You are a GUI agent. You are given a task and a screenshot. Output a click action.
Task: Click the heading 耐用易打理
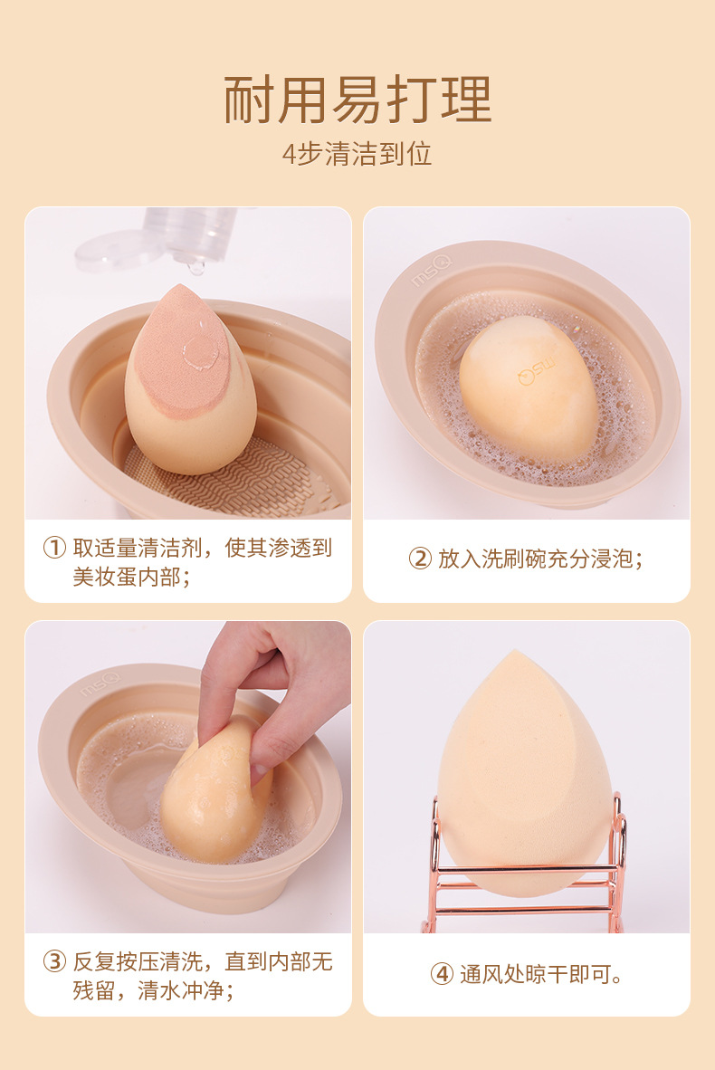coord(357,100)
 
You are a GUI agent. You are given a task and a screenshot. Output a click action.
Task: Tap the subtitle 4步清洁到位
coord(357,154)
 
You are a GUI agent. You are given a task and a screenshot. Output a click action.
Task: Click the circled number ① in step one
coord(54,548)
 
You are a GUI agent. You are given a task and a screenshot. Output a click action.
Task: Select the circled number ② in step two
coord(420,559)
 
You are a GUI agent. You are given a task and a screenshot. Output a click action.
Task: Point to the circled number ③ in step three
coord(54,961)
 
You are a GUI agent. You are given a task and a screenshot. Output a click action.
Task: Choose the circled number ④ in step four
coord(442,974)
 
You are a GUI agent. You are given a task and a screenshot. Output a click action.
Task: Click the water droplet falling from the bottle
coord(195,267)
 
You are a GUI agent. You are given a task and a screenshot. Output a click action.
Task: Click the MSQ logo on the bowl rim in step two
coord(431,271)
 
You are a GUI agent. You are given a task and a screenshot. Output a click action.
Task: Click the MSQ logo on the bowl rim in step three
coord(100,683)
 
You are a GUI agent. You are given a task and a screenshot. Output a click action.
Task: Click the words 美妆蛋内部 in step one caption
coord(126,577)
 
